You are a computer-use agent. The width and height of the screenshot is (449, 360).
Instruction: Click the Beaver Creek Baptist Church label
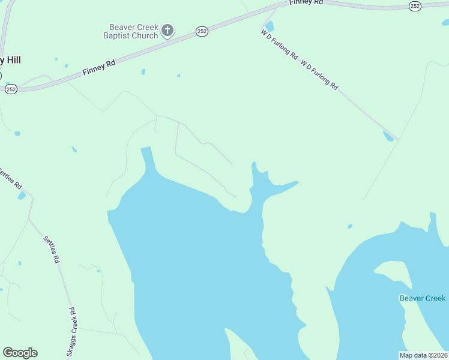[133, 31]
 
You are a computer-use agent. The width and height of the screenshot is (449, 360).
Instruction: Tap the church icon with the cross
[168, 30]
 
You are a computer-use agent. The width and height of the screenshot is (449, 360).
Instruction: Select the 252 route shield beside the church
[202, 31]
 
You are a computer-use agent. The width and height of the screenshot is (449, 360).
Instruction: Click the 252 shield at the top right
[415, 5]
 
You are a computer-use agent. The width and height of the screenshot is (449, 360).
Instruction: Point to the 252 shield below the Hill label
[11, 89]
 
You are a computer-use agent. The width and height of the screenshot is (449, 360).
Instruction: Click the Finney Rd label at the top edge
[306, 3]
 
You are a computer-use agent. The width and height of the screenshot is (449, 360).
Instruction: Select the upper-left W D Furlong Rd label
[280, 44]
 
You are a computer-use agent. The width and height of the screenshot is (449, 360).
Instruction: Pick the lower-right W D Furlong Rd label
[319, 74]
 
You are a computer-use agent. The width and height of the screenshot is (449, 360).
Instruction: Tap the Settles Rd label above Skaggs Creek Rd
[52, 249]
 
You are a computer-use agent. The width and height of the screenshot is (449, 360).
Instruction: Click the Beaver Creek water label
[423, 298]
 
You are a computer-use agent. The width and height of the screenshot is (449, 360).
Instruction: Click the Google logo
[20, 353]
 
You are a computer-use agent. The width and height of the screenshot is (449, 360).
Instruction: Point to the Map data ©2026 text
[423, 355]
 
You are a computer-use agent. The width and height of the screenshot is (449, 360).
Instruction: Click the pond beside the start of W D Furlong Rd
[270, 26]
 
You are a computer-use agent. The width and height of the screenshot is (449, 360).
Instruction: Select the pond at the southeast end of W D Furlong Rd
[388, 136]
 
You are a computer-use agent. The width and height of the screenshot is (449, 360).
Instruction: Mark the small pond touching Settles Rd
[22, 196]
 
